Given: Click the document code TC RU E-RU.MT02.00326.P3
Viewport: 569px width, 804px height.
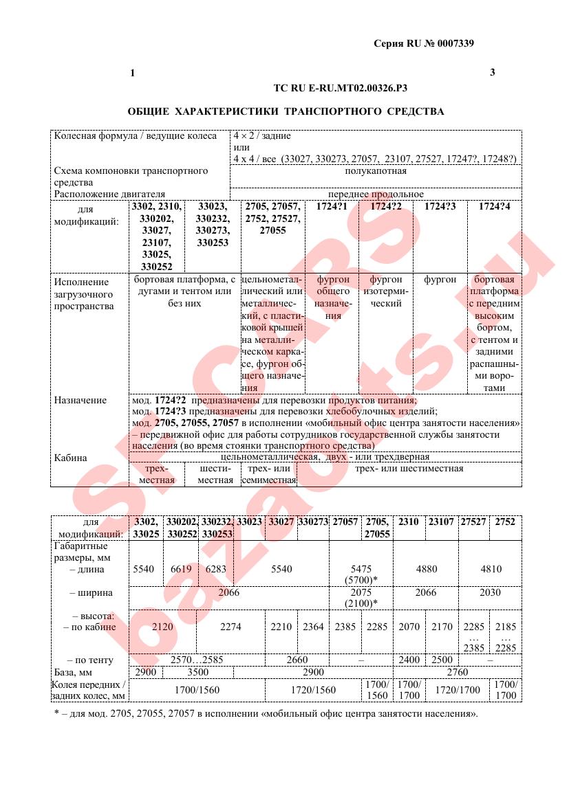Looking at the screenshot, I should (x=341, y=88).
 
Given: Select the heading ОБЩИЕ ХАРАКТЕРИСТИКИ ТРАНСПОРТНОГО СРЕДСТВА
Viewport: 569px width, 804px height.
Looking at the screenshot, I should (x=286, y=111).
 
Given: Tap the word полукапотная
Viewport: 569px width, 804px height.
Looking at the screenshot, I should (x=376, y=171).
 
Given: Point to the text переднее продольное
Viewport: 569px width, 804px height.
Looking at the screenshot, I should (x=376, y=194).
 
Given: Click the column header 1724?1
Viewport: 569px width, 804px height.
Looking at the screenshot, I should (x=332, y=206).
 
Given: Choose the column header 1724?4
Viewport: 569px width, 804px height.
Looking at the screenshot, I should (x=494, y=206).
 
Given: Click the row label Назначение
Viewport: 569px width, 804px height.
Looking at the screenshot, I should (x=80, y=400).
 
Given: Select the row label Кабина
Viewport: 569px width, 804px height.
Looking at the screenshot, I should (x=71, y=458).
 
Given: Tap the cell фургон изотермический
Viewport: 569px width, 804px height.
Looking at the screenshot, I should (x=386, y=291).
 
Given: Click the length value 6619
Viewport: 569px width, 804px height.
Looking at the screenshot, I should (x=181, y=569).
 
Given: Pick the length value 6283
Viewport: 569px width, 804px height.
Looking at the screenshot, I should (x=216, y=569).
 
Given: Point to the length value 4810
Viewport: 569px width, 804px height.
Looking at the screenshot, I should (x=491, y=569).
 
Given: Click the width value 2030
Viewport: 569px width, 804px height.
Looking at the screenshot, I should (x=491, y=592).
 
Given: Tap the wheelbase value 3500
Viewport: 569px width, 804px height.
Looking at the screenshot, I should (x=198, y=672).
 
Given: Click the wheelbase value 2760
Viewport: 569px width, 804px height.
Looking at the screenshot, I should (x=457, y=672).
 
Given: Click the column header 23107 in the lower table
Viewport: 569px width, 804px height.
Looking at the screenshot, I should (x=441, y=522).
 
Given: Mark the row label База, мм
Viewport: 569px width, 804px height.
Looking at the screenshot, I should (x=73, y=672).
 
